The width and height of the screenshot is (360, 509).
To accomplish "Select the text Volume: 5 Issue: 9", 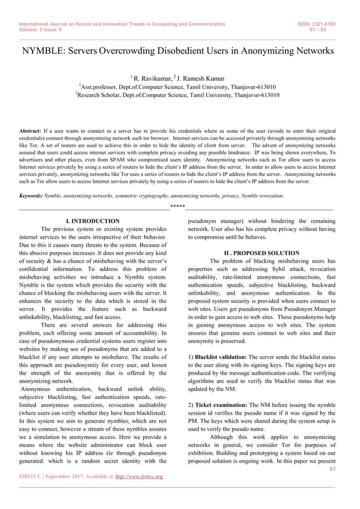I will click(41, 30).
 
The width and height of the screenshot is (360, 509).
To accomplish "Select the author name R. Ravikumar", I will click(154, 78).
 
